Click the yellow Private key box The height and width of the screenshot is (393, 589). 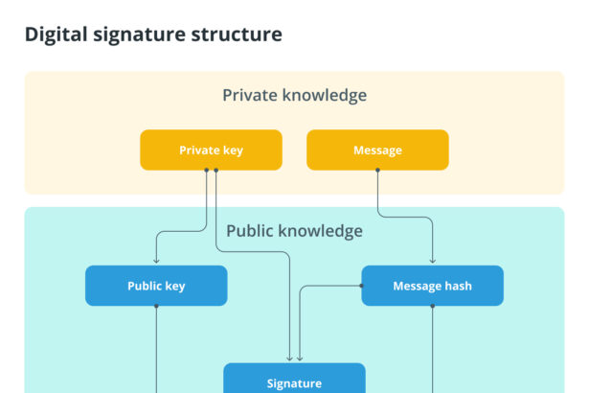coord(211,150)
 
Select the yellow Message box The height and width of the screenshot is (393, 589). coord(377,150)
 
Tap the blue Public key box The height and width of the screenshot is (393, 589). coord(156,286)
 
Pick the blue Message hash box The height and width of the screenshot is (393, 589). coord(432,286)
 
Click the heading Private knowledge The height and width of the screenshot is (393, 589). coord(294,95)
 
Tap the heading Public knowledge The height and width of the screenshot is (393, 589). coord(294,231)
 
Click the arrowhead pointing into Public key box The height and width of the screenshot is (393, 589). coord(156,261)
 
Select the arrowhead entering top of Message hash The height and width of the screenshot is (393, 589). coord(432,261)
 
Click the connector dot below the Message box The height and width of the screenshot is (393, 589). coord(377,171)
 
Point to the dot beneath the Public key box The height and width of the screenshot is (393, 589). coord(156,306)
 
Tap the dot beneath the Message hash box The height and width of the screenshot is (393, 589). coord(432,306)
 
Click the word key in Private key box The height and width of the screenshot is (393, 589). coord(232,150)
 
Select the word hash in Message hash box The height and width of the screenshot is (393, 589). coord(458,286)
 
